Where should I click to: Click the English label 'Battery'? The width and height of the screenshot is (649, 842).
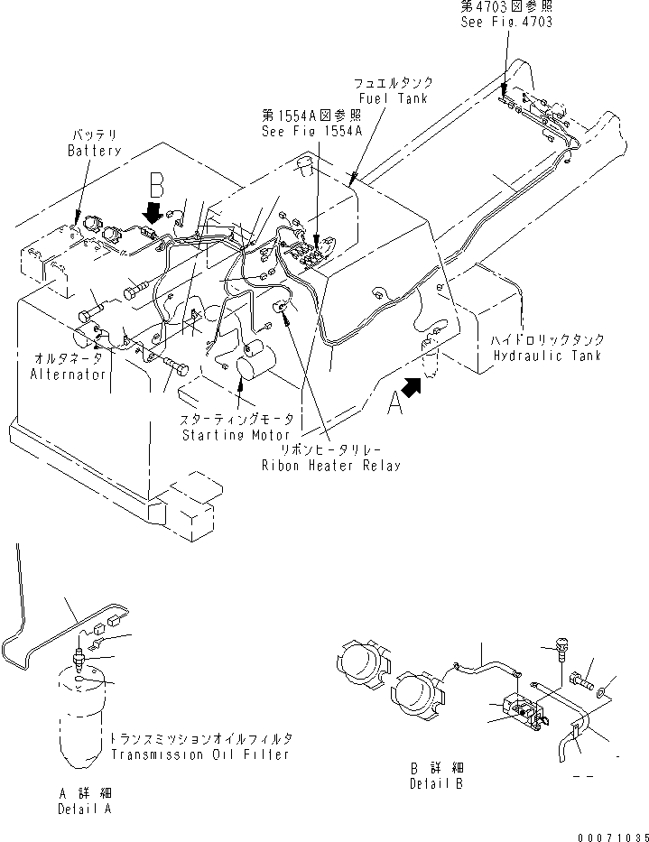tap(94, 151)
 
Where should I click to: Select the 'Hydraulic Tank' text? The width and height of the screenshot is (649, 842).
tap(548, 356)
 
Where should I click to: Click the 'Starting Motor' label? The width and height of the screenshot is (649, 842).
tap(236, 435)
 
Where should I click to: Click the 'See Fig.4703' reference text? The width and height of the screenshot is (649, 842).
tap(505, 23)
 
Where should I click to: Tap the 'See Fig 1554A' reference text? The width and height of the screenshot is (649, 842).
tap(311, 130)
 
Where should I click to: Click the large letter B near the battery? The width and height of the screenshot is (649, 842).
tap(158, 187)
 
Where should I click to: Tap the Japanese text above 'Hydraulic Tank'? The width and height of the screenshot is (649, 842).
tap(548, 340)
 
